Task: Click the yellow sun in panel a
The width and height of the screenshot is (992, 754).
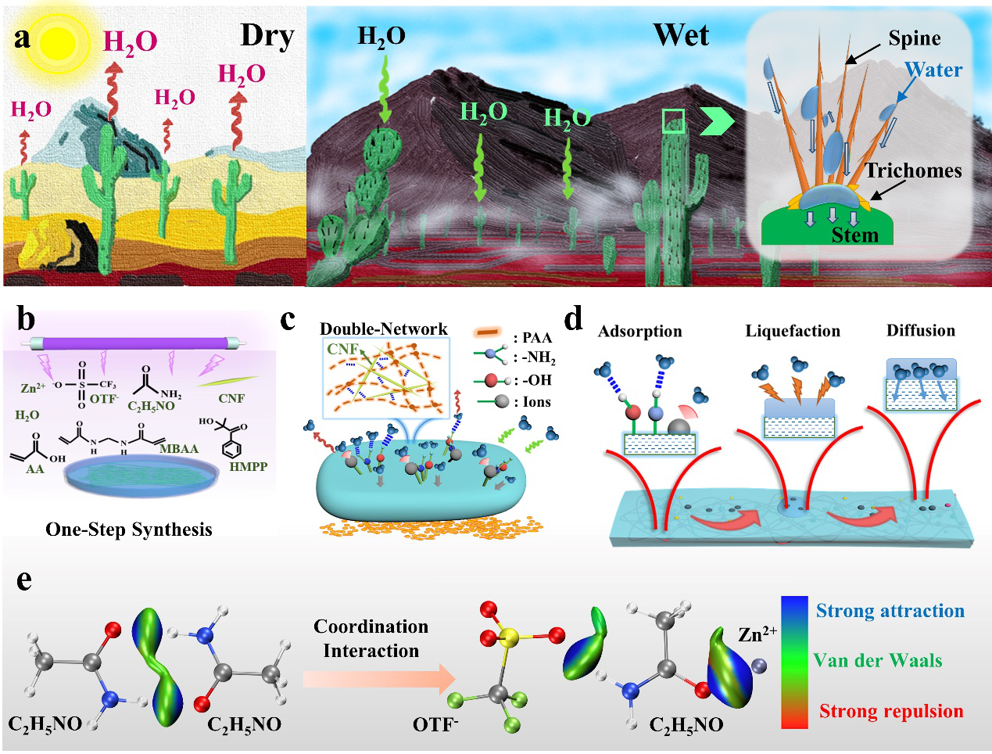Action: [x=58, y=42]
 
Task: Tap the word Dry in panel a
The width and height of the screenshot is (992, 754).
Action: [x=267, y=36]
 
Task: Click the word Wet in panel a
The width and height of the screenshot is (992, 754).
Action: [x=681, y=36]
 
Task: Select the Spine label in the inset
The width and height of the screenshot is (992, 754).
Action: [x=914, y=38]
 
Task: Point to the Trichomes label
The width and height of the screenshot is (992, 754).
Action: [x=913, y=171]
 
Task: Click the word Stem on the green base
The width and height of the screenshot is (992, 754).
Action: [x=854, y=235]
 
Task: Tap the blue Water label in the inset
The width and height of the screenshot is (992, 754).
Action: [x=934, y=70]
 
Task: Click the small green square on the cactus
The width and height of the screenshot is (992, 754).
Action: [x=673, y=121]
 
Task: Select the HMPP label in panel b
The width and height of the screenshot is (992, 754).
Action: [x=249, y=467]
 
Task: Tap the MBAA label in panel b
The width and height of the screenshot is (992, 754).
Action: [x=178, y=449]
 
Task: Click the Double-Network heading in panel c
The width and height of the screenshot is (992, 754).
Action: [x=383, y=329]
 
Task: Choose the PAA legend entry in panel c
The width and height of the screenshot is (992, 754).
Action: [x=532, y=338]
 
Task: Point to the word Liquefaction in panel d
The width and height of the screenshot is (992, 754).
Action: [x=792, y=331]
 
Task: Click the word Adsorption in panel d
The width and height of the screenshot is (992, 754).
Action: [x=639, y=332]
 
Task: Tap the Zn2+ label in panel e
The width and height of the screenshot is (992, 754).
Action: [x=756, y=634]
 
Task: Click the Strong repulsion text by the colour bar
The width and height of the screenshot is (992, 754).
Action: [x=890, y=711]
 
